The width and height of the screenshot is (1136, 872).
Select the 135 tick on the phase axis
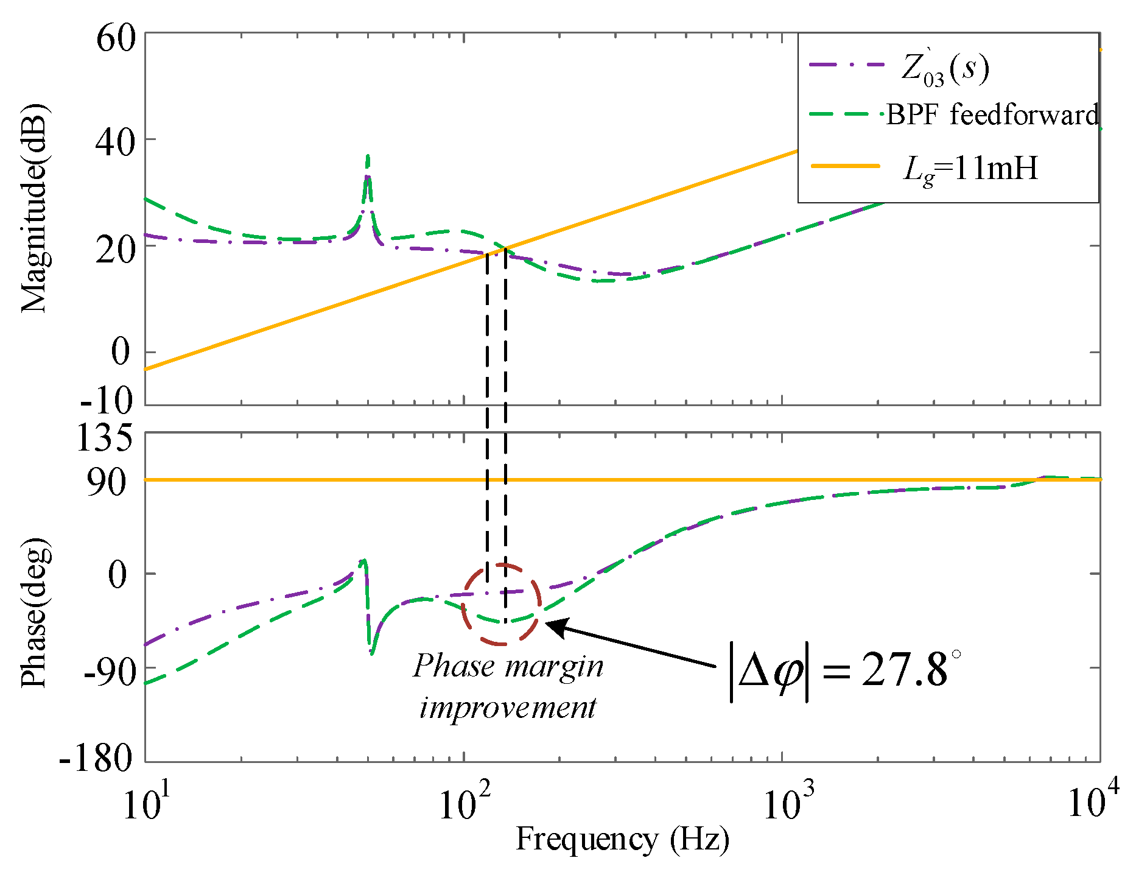coord(104,437)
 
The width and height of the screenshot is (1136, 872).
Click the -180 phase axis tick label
coord(96,758)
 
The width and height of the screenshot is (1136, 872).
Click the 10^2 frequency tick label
coord(465,804)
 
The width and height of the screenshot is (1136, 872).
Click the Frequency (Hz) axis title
coord(622,840)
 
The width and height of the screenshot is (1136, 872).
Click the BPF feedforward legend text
coord(992,114)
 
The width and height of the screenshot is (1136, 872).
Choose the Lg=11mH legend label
coord(970,168)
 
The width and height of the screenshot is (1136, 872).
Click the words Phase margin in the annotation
coord(508,666)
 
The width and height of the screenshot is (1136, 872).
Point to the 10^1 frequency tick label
coord(146,804)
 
